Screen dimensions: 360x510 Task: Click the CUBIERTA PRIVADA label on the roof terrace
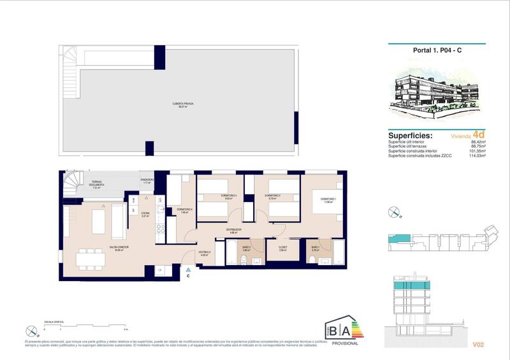coord(182,104)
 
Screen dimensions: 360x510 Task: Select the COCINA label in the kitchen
coord(145,214)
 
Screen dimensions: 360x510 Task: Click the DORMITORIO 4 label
coord(184,211)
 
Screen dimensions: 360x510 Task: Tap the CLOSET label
coord(282,248)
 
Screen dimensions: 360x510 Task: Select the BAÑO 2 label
coord(245,248)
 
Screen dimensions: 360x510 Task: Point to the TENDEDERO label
coord(147,181)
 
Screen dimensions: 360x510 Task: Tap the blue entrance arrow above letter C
coord(188,270)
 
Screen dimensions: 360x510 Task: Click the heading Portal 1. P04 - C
coord(437,55)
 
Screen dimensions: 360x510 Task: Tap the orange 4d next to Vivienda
coord(479,134)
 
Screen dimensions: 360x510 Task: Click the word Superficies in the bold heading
coord(410,136)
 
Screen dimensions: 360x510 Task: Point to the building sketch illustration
coord(437,93)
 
